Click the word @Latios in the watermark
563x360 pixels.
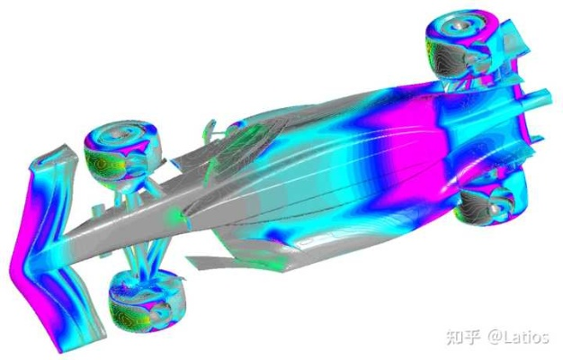coord(518,337)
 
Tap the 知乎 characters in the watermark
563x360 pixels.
coord(464,337)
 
